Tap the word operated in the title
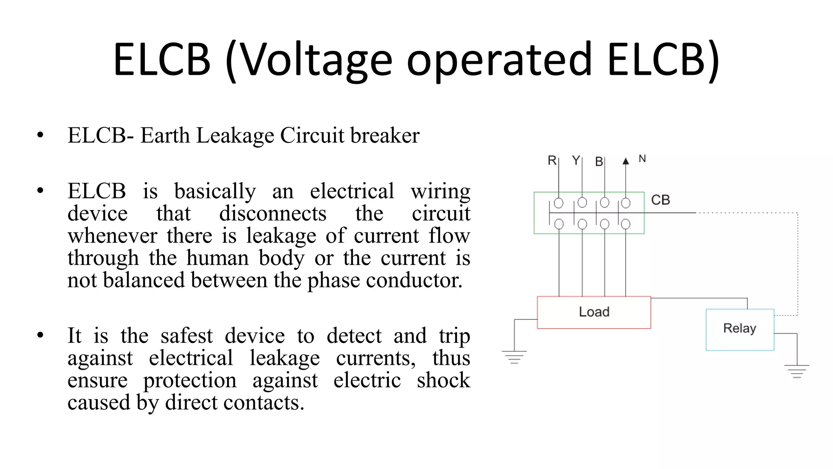[x=499, y=60]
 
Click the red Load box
[x=594, y=312]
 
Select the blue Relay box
[x=739, y=329]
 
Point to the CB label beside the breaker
[x=660, y=200]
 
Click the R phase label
[x=552, y=160]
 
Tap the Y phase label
[x=576, y=160]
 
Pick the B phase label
[x=599, y=162]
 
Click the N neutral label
[x=642, y=159]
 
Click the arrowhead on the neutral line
[x=626, y=161]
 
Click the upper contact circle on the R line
[x=559, y=203]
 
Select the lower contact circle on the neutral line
[x=626, y=224]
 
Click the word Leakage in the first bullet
[x=235, y=136]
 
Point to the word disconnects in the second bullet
[x=273, y=213]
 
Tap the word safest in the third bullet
[x=186, y=336]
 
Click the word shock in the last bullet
[x=443, y=380]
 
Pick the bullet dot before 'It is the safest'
[x=40, y=335]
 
